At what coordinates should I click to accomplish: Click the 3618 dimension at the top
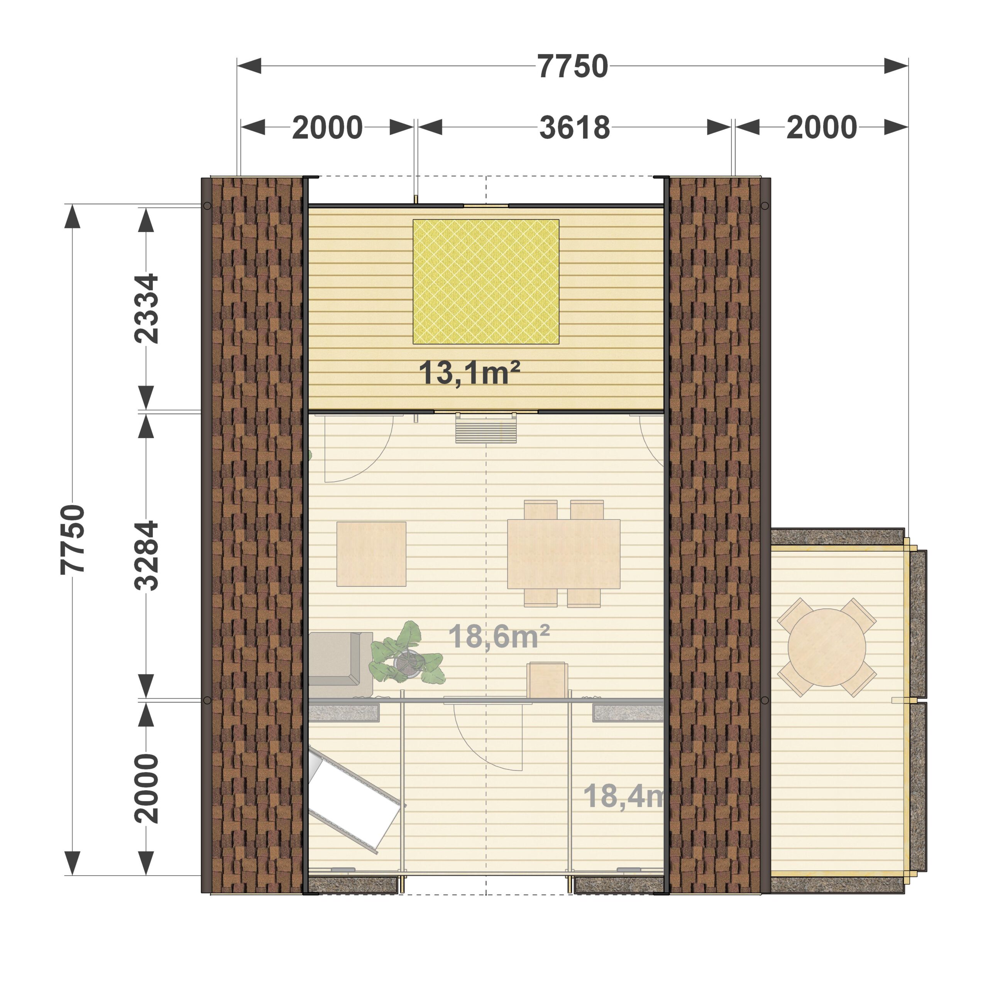pos(575,127)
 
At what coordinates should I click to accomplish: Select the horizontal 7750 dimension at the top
pos(573,66)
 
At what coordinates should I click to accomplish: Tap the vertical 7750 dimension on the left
pos(72,540)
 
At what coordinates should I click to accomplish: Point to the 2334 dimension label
pos(146,308)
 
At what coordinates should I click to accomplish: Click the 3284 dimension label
pos(146,555)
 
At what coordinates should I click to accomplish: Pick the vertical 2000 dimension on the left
pos(146,788)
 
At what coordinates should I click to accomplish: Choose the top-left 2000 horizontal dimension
pos(327,127)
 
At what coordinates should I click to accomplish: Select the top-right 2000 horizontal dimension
pos(822,127)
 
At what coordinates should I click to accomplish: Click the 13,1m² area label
pos(469,372)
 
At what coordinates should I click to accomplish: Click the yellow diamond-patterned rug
pos(486,282)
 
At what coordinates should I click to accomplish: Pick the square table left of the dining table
pos(371,554)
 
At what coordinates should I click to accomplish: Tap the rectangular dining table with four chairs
pos(563,554)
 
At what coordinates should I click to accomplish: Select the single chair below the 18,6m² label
pos(547,680)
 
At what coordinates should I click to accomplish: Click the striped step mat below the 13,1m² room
pos(486,428)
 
